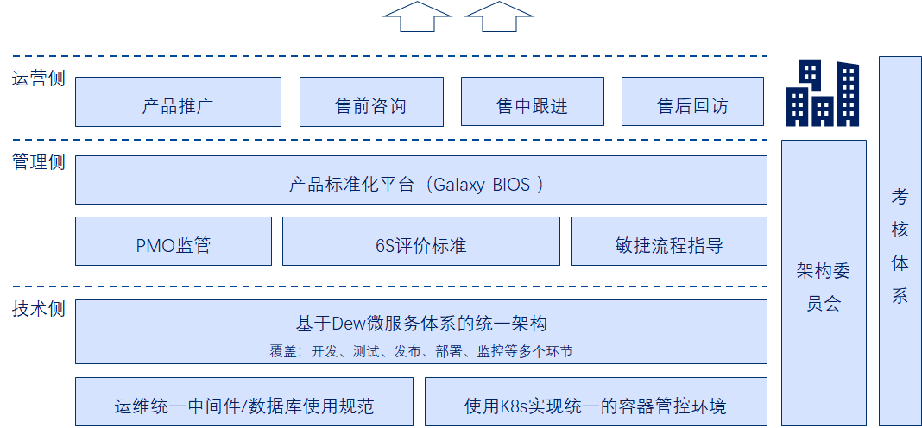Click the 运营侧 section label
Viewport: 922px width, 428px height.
38,79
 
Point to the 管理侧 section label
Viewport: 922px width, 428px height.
38,162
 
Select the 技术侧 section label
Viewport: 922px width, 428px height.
38,309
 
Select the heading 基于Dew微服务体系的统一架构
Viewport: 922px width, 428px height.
421,324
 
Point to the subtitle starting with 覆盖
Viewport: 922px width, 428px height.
421,351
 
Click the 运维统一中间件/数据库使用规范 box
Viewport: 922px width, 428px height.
244,404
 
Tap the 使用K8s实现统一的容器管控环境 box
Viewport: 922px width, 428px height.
596,404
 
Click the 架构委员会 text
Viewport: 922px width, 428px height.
824,287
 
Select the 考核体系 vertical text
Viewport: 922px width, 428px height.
900,246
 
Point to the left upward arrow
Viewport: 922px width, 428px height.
417,16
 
